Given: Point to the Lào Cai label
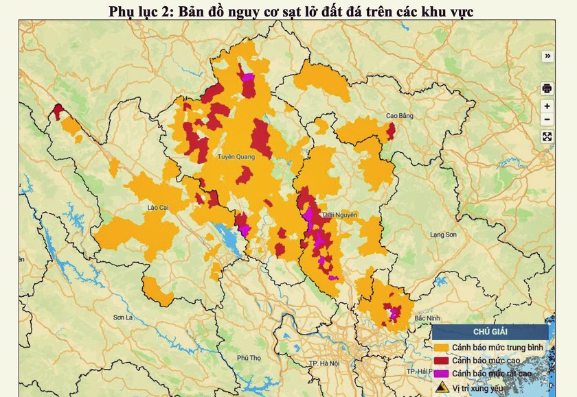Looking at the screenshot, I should pos(158,206).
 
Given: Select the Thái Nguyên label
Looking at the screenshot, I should pos(339,215).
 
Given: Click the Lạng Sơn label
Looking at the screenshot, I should pos(443,234).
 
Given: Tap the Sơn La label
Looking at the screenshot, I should pos(122,317).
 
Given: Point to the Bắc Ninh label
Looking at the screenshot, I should pos(427,319).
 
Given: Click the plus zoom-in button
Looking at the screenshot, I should pos(547,106).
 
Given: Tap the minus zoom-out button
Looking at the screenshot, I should pos(547,120).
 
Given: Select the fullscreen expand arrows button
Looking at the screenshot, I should pos(547,136).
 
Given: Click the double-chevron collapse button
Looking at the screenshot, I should pos(547,56).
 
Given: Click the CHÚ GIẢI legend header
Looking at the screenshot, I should pos(490,333).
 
